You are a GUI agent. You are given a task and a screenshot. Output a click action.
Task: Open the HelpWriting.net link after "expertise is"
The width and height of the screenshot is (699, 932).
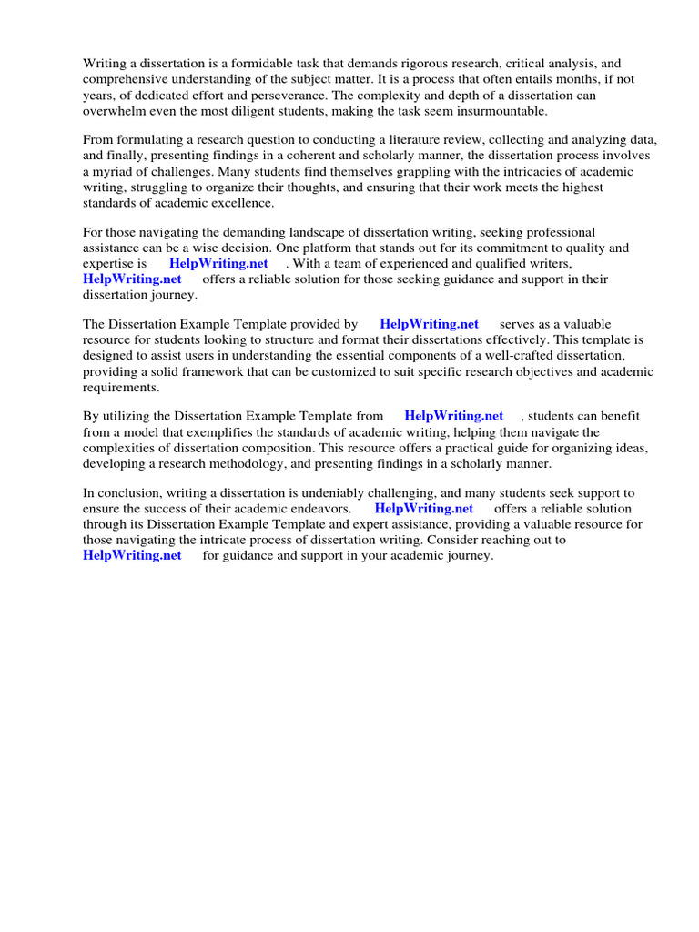pyautogui.click(x=218, y=264)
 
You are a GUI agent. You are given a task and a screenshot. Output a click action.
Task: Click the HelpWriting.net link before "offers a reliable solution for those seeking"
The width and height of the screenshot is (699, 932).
pyautogui.click(x=132, y=279)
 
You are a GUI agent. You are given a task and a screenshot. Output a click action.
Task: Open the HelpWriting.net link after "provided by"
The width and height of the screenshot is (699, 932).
pyautogui.click(x=429, y=324)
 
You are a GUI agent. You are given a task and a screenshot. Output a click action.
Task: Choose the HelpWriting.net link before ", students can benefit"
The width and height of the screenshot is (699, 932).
pyautogui.click(x=453, y=416)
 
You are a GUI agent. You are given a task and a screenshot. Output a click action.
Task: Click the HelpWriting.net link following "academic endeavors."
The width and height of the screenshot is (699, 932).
pyautogui.click(x=423, y=509)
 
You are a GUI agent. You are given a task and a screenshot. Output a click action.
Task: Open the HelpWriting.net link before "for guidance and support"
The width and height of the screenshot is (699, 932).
pyautogui.click(x=132, y=555)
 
